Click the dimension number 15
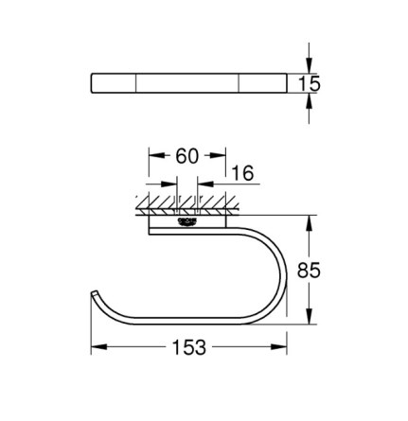[x=310, y=84]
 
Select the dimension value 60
[x=187, y=156]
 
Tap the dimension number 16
[x=242, y=173]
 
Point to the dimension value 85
[x=309, y=270]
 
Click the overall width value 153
[x=189, y=347]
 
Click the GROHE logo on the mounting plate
[x=187, y=221]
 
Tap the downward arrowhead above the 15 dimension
[x=310, y=66]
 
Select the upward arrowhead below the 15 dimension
[x=310, y=101]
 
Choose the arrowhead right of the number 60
[x=218, y=155]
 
